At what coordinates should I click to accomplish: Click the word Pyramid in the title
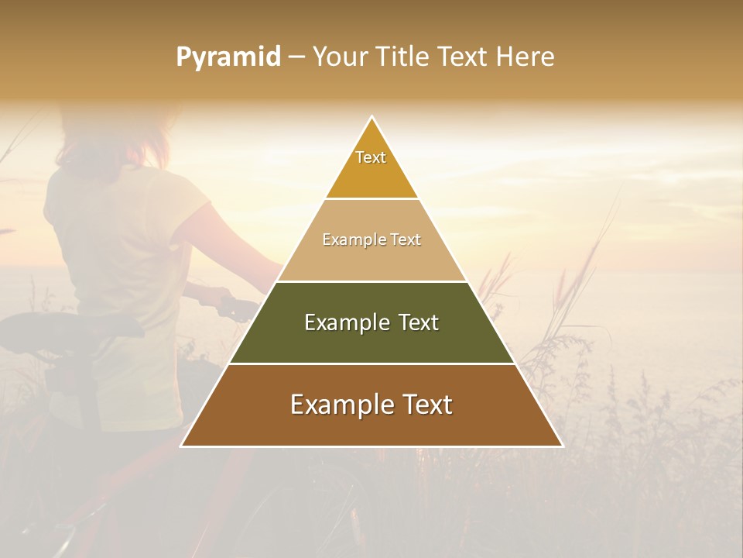click(228, 57)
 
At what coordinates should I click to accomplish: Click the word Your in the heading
click(338, 57)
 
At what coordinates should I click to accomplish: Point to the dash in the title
click(296, 57)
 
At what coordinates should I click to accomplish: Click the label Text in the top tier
click(371, 157)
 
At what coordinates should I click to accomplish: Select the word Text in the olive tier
click(416, 322)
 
